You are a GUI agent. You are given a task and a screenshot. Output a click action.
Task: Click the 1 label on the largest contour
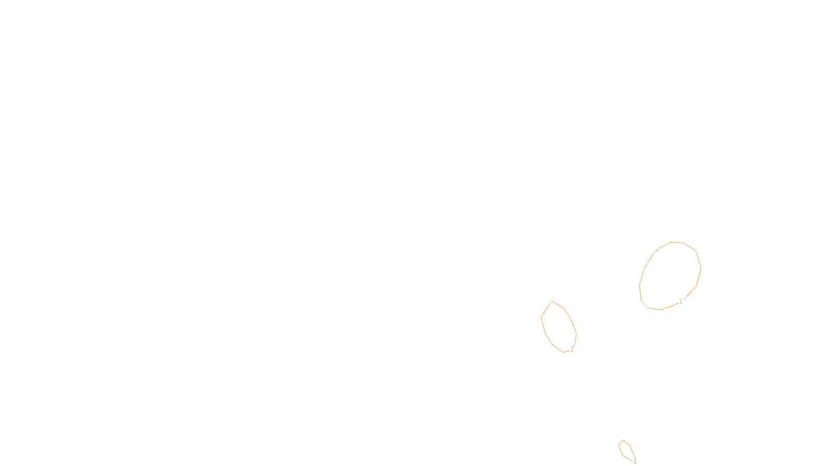pos(681,301)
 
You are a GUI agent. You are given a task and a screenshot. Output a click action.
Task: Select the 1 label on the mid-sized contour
pos(572,349)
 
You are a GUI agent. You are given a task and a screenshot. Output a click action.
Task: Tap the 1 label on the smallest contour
pos(635,461)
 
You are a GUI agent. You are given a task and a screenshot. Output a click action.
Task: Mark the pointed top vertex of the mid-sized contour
pos(552,301)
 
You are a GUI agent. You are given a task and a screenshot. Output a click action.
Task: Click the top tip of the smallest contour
pos(623,440)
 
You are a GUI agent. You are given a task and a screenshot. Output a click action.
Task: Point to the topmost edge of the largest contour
pos(673,242)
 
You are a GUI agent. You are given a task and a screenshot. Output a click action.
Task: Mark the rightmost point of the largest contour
pos(701,268)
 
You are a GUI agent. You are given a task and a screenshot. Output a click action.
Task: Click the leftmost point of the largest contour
pos(640,285)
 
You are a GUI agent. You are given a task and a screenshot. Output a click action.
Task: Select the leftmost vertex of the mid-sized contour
pos(541,317)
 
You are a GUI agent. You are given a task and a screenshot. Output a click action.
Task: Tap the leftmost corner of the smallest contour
pos(619,446)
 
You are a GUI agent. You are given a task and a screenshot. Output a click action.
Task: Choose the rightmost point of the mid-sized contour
pos(576,333)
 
